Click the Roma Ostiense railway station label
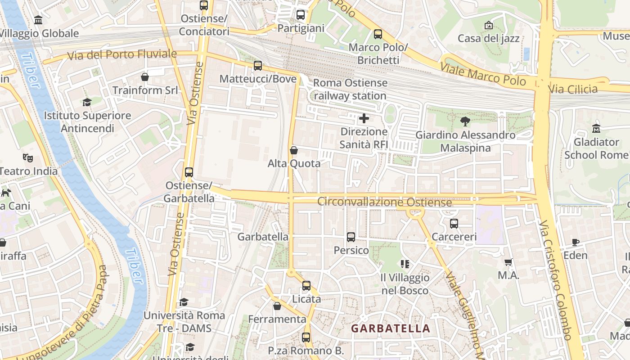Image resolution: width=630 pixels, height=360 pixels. coord(350,89)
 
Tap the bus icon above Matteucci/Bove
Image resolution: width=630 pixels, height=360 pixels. coord(258,66)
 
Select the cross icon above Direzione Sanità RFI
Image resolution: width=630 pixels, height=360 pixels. coord(364,119)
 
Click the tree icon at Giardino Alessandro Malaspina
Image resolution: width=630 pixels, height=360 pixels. coord(465,121)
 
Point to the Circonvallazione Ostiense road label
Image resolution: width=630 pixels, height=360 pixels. coord(384,202)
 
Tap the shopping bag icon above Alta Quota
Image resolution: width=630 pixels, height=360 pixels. coord(294,150)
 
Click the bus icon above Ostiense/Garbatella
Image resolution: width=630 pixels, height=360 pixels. coord(189,172)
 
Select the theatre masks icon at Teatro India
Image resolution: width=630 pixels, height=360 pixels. coord(28,158)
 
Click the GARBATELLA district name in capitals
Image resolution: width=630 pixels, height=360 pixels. coord(391,328)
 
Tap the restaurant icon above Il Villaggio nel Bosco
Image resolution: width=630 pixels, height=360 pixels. coord(405,264)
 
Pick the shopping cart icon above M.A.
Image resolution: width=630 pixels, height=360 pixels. coord(508,262)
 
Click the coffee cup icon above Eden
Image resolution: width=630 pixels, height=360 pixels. coord(575,243)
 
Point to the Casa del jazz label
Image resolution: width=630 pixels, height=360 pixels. coord(489,38)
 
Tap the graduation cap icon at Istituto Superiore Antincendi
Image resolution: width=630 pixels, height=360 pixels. coord(87,102)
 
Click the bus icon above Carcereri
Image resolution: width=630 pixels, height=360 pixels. coord(454,223)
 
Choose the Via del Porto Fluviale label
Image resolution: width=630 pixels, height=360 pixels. coord(122,54)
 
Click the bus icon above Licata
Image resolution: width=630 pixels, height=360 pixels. coord(306,286)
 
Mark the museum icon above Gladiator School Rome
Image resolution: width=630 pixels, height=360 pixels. coord(597,129)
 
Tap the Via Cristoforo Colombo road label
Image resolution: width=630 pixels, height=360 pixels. coord(557,279)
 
